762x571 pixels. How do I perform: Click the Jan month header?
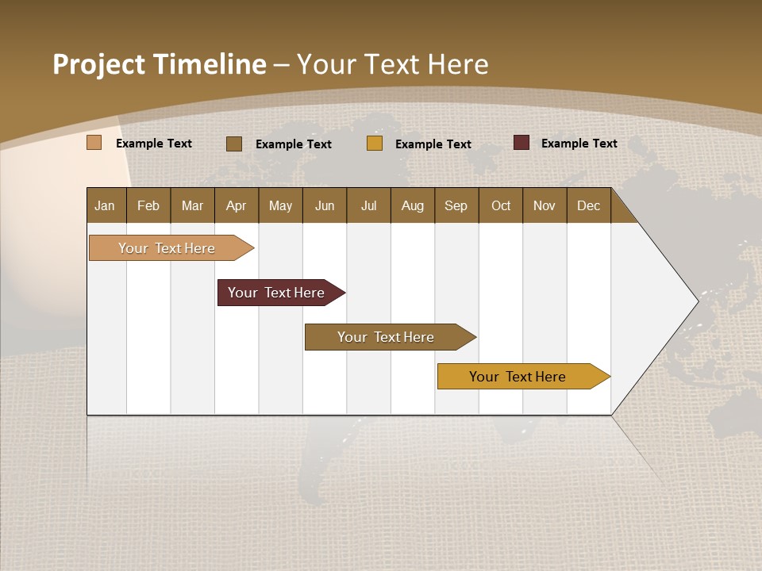click(105, 205)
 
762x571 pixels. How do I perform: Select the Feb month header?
click(148, 205)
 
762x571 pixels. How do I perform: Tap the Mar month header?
click(192, 205)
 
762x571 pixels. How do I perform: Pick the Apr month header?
click(237, 205)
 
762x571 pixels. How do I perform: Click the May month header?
click(280, 205)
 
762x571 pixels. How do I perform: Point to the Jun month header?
click(325, 205)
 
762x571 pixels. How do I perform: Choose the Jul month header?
click(368, 205)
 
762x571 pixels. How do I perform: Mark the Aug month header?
click(413, 205)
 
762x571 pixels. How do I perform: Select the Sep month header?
click(456, 205)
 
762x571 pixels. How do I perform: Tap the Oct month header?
click(501, 205)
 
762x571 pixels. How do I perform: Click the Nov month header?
click(545, 205)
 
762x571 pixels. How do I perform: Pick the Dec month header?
click(589, 205)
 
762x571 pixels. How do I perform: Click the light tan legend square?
click(94, 143)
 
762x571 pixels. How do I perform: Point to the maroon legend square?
click(521, 143)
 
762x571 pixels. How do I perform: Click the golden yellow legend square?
click(375, 144)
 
